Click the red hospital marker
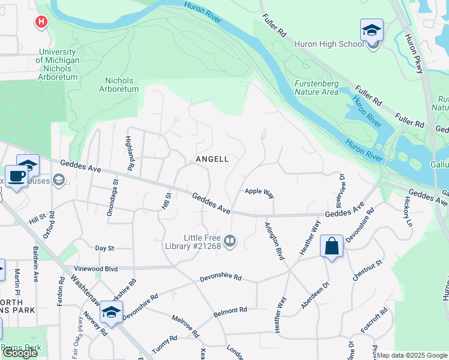(x=41, y=23)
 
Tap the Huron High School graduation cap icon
(x=372, y=30)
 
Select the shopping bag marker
(x=331, y=246)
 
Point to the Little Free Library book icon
(x=230, y=242)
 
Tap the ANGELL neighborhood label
(x=212, y=159)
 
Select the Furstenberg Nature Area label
(x=316, y=88)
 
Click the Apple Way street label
(x=259, y=193)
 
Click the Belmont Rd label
(x=231, y=313)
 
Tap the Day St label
(x=104, y=248)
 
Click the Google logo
(x=20, y=353)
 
